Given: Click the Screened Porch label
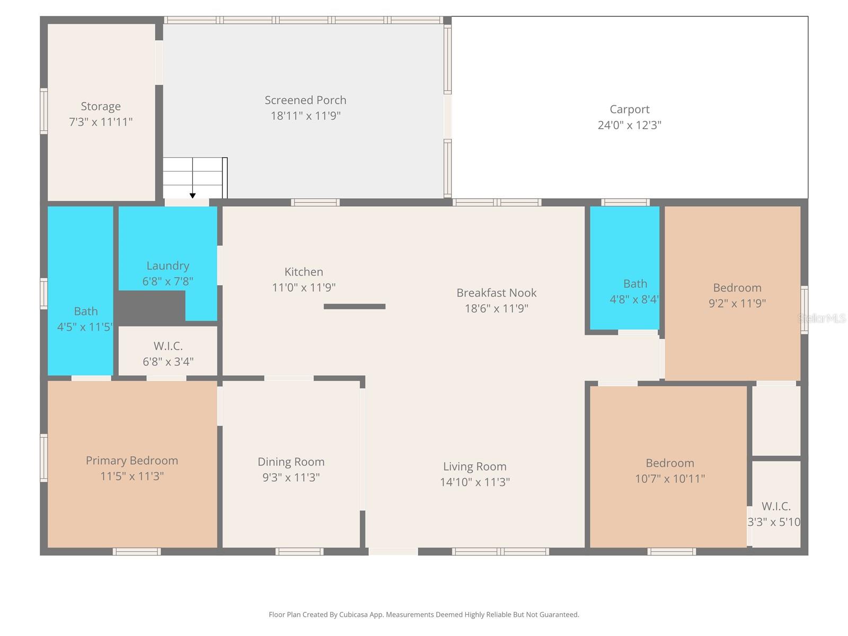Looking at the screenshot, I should [x=305, y=100].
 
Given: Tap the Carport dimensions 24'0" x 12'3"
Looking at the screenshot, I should [x=629, y=125].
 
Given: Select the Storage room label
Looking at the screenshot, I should [x=101, y=107].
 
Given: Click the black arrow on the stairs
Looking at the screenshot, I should [x=192, y=196].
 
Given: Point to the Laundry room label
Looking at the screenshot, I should [x=167, y=266].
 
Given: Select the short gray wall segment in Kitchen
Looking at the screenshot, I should [x=355, y=306].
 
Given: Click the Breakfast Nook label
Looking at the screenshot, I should [x=496, y=293].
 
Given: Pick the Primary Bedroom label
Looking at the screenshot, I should [x=132, y=461].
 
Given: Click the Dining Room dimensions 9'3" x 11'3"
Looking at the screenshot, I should [x=291, y=478].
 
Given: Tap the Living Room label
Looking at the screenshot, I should [x=474, y=466].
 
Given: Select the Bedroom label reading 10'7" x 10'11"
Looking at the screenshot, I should [x=669, y=463].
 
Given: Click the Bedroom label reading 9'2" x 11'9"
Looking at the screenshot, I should [x=737, y=288].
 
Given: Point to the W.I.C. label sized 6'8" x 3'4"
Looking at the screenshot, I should [x=168, y=346].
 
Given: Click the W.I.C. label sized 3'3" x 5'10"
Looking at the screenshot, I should [x=776, y=506].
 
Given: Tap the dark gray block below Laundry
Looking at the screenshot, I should [x=151, y=308].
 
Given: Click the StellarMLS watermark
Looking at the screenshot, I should [x=822, y=318].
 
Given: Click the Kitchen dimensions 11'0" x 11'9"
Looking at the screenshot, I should [x=304, y=287].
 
